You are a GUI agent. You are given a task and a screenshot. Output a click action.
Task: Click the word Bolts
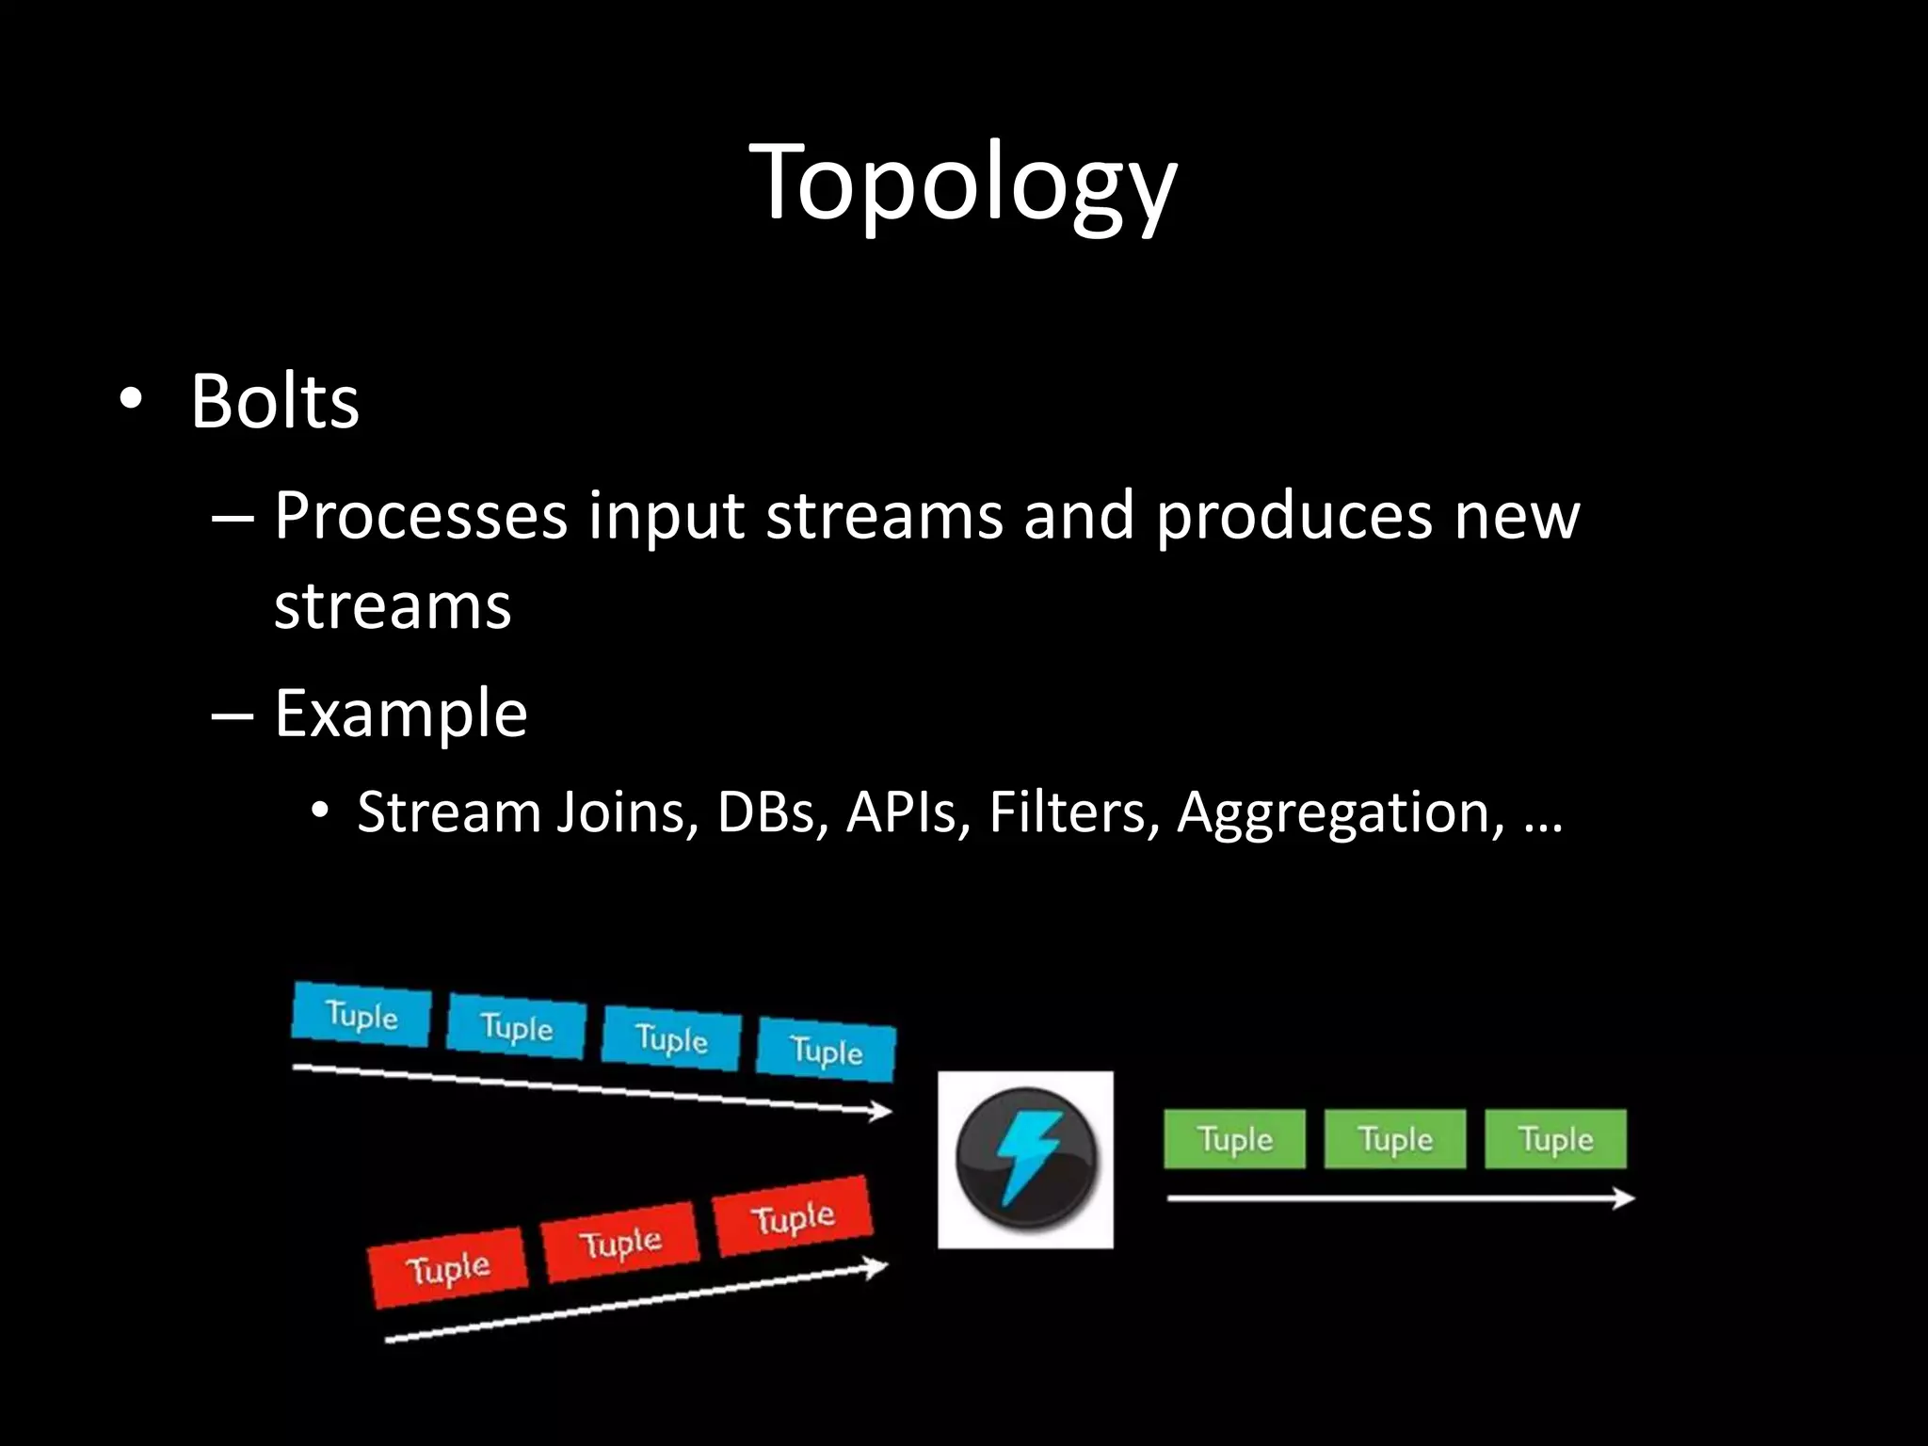point(274,402)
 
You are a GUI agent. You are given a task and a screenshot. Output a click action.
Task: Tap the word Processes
point(421,516)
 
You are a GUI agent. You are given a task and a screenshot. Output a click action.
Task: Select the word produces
point(1293,518)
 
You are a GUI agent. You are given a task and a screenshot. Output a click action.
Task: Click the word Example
point(400,714)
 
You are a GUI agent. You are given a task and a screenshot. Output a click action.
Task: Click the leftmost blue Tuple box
point(361,1015)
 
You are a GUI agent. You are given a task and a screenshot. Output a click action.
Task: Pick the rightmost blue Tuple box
point(827,1049)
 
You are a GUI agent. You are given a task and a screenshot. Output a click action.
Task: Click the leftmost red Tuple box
point(448,1268)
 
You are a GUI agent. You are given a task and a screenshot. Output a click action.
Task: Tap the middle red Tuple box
point(621,1243)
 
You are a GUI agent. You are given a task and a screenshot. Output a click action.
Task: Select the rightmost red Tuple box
point(794,1217)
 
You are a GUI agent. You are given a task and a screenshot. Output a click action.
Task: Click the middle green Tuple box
point(1394,1139)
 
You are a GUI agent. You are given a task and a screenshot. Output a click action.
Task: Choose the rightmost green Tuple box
point(1555,1139)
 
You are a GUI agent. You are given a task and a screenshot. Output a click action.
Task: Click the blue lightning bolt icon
point(1025,1159)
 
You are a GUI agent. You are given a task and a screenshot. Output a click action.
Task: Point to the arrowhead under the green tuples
point(1623,1198)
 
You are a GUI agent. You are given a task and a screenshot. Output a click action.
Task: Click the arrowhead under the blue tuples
point(881,1112)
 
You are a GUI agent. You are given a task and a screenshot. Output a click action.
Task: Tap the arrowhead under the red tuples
point(876,1268)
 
